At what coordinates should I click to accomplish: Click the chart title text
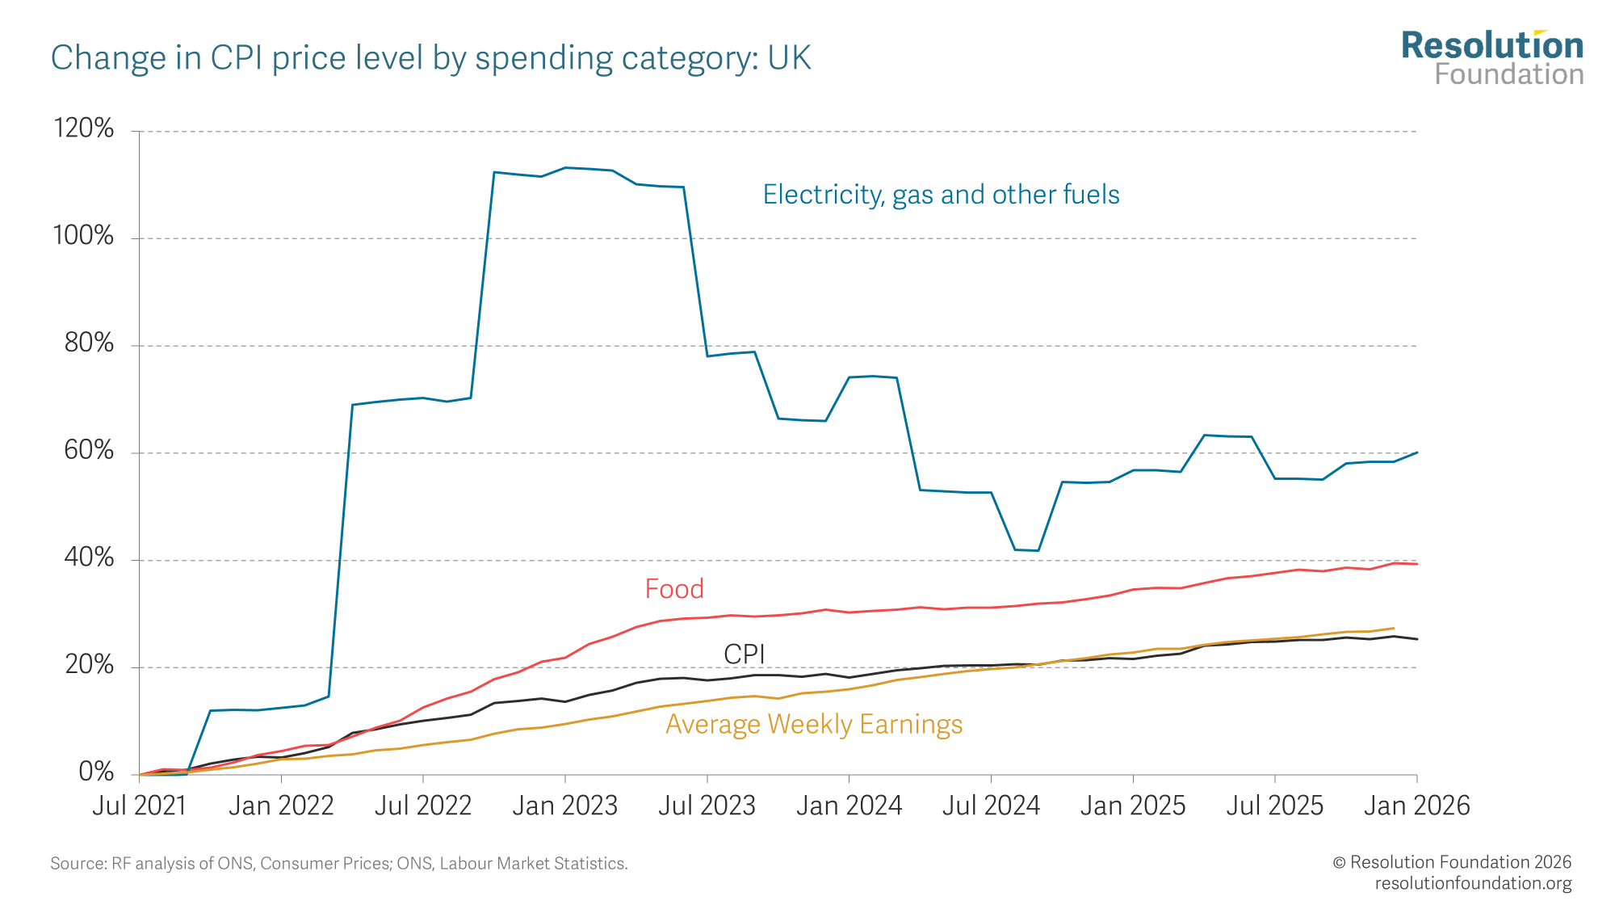point(430,58)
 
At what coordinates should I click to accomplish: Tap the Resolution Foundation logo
point(1492,58)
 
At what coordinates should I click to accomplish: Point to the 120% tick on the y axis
point(83,128)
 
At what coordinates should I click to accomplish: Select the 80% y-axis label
point(89,343)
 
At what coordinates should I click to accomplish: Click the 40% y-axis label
point(89,558)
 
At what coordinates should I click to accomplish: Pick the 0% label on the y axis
point(96,772)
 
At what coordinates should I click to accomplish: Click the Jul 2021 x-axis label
point(139,806)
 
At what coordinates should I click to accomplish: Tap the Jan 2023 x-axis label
point(564,806)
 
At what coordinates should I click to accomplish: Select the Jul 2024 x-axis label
point(991,806)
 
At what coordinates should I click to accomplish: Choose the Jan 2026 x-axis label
point(1416,806)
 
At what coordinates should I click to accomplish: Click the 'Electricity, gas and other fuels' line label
point(941,195)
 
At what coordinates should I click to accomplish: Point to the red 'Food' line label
point(674,589)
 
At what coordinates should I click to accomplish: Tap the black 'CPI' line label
point(744,654)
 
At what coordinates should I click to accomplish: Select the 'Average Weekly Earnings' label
point(814,724)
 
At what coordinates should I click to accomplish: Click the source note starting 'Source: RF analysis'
point(339,864)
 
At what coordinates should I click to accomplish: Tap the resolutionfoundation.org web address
point(1473,883)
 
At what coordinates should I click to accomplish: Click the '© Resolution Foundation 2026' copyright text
point(1452,862)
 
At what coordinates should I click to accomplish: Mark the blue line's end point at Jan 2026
point(1417,452)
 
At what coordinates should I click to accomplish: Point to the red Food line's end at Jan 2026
point(1417,564)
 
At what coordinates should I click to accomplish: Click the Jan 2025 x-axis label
point(1133,806)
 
